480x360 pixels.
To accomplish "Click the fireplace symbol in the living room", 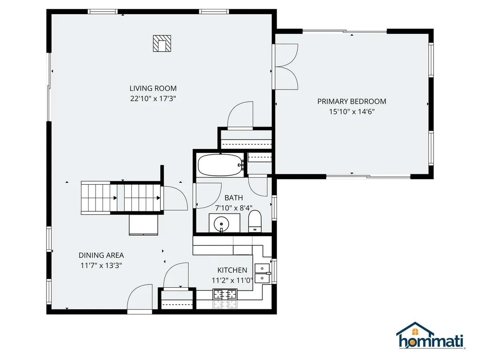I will click(x=162, y=44).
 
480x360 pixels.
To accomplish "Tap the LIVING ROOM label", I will click(x=153, y=88).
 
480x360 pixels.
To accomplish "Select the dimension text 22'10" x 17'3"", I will click(x=153, y=98).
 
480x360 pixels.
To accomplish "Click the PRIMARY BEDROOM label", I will click(x=352, y=101).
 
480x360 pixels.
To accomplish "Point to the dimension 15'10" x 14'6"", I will click(x=352, y=112).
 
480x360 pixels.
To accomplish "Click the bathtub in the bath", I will click(x=219, y=165).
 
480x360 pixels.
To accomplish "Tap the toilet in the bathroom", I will click(x=255, y=221).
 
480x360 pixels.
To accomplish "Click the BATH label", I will click(x=233, y=198).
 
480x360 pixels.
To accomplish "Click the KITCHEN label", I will click(x=232, y=270).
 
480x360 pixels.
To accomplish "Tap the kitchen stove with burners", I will click(x=225, y=295).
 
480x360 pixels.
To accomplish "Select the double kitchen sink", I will click(x=262, y=273).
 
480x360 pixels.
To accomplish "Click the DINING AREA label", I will click(x=101, y=255).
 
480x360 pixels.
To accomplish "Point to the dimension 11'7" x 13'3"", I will click(x=101, y=265).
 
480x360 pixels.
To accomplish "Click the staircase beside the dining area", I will click(x=121, y=197).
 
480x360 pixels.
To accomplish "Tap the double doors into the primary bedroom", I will click(x=286, y=66).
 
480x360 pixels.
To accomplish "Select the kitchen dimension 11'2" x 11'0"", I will click(x=232, y=280).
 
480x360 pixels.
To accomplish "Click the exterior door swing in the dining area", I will click(x=140, y=298).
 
